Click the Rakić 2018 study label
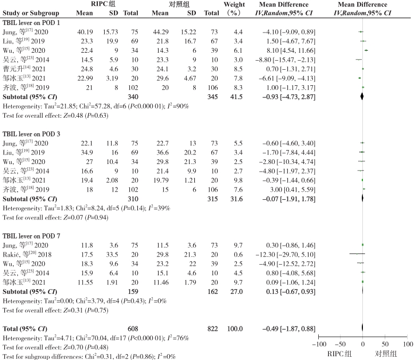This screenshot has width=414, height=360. pos(24,254)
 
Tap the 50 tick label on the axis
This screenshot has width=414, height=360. pos(385,344)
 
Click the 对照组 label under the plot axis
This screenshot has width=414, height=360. pos(386,353)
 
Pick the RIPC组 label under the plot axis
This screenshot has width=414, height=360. pos(341,353)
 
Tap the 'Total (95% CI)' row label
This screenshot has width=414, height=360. pos(24,314)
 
